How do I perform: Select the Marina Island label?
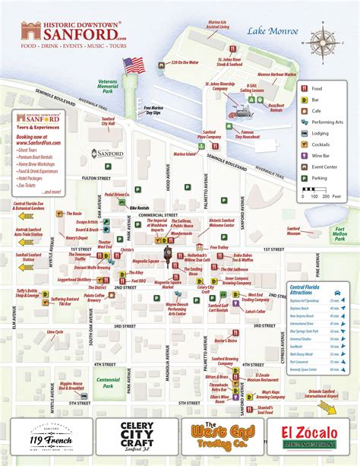(184, 154)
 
